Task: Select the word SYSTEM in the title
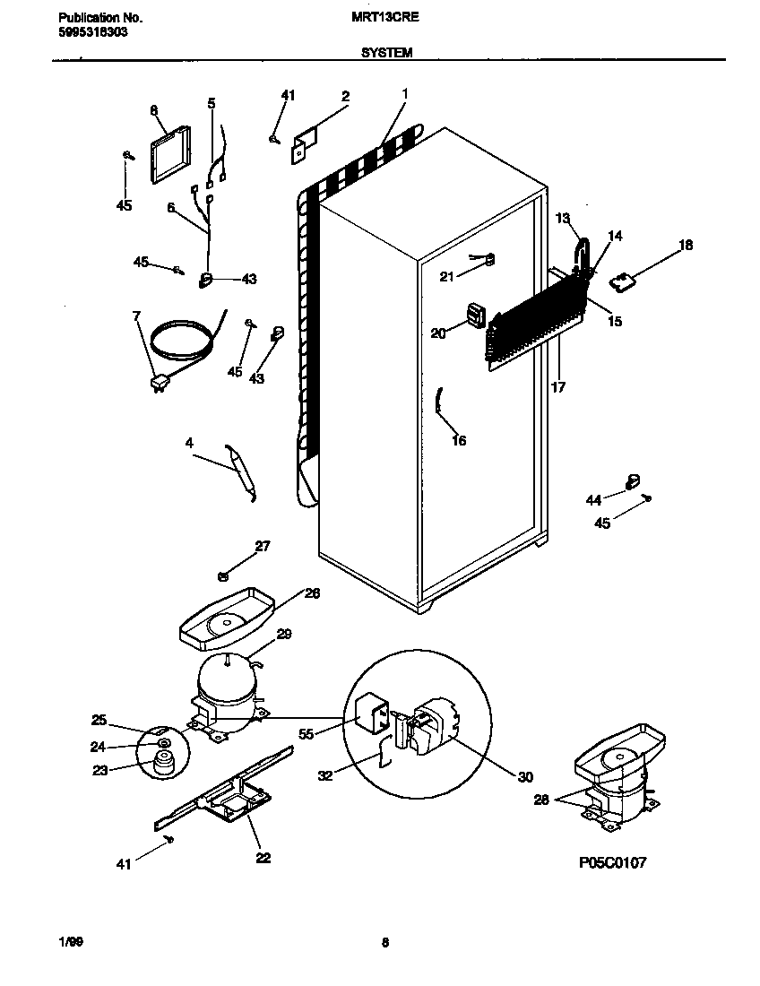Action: [x=386, y=53]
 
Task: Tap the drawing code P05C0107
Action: [x=612, y=862]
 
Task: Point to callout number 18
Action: [x=686, y=245]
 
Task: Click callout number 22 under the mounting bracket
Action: [x=263, y=858]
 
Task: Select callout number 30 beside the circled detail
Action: [x=524, y=777]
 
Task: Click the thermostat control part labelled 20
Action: [x=476, y=316]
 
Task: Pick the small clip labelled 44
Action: [x=633, y=481]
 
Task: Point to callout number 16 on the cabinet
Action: [x=459, y=440]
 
